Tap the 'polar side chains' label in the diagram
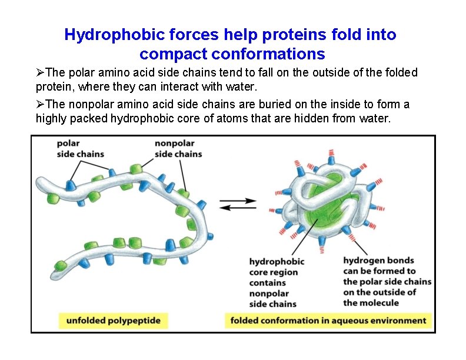[x=80, y=148]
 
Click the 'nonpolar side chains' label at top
[x=178, y=148]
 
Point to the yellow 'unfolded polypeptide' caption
[x=113, y=321]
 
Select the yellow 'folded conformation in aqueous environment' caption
[x=328, y=321]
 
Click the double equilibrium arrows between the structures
[x=238, y=204]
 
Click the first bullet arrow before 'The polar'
[x=40, y=73]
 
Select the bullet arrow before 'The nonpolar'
[x=40, y=105]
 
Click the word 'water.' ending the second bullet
[x=377, y=118]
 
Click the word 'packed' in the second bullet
[x=91, y=118]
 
